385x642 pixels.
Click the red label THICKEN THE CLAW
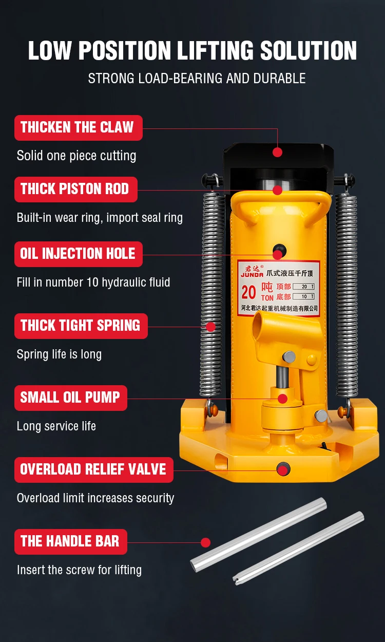click(x=79, y=128)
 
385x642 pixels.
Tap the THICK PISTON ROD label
click(x=76, y=190)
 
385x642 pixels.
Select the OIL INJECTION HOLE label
click(x=79, y=254)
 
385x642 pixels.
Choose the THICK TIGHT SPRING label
click(x=81, y=326)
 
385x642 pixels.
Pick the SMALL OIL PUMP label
click(x=71, y=398)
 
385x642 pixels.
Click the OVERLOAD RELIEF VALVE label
click(x=94, y=470)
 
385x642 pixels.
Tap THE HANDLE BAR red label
click(x=71, y=542)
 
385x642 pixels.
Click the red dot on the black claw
click(x=277, y=152)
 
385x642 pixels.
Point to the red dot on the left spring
click(x=210, y=327)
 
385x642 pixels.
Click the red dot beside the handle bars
click(x=205, y=542)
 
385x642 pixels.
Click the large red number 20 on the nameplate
click(x=248, y=292)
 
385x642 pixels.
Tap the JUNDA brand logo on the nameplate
click(x=252, y=272)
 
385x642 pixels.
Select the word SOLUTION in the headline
click(x=309, y=50)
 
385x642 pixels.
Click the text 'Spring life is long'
click(x=59, y=354)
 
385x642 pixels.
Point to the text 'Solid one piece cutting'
click(x=76, y=156)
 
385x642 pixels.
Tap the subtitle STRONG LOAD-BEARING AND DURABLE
click(x=197, y=78)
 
